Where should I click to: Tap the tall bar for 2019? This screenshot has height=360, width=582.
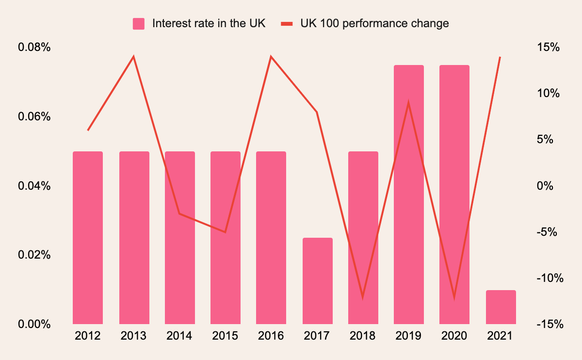[409, 194]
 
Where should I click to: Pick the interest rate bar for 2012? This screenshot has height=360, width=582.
[88, 237]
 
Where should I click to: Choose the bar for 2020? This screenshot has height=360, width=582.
[454, 194]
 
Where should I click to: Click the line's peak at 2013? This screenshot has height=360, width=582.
[133, 57]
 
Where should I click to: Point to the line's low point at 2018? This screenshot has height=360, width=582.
[363, 297]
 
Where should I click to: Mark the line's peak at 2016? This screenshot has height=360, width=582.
[271, 57]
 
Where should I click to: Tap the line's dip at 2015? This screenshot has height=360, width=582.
[226, 232]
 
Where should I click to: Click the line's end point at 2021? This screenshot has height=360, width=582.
[500, 57]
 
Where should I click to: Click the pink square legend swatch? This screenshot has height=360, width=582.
[139, 24]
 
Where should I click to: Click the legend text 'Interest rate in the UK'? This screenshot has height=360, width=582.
[209, 23]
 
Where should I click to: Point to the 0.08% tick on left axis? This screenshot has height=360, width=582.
[34, 48]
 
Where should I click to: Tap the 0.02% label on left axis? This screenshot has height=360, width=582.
[34, 255]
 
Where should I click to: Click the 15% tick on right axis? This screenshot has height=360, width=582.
[548, 48]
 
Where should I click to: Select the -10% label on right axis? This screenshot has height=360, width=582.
[548, 278]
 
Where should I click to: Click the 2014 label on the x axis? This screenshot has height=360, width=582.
[179, 336]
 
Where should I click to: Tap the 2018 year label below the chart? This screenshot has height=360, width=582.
[363, 336]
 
